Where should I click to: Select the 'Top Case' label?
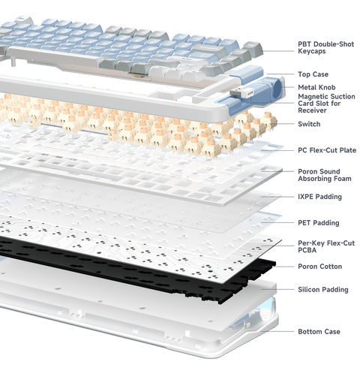tap(313, 75)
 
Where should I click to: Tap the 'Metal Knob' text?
tap(316, 88)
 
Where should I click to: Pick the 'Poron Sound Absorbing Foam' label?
tap(323, 173)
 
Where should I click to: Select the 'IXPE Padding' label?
tap(319, 197)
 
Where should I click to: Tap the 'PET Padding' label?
tap(318, 223)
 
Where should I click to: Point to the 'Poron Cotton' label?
tap(319, 267)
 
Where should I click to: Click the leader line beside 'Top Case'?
tap(289, 75)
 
